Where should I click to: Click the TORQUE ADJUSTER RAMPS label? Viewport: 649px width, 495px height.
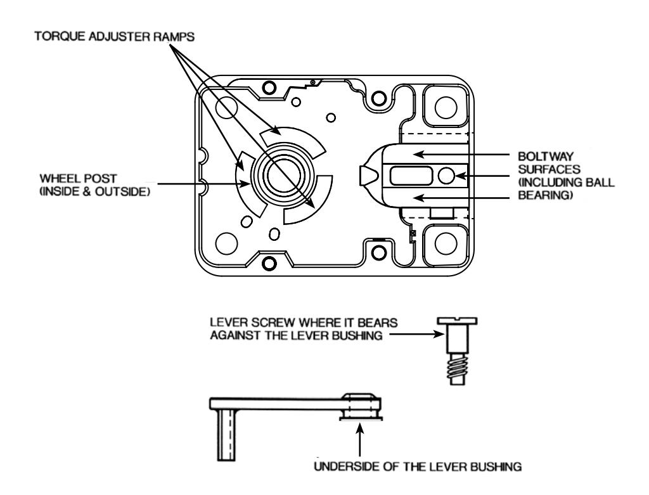click(115, 37)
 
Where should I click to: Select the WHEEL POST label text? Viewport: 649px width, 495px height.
click(78, 179)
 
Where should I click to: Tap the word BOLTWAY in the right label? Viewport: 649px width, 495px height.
click(546, 157)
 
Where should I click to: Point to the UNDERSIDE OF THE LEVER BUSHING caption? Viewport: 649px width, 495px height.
click(418, 467)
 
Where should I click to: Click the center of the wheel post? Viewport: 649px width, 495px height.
click(281, 176)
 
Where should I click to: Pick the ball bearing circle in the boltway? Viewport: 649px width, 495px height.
click(446, 176)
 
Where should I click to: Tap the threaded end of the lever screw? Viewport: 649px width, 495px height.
click(458, 370)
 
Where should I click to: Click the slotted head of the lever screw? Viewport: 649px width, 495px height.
click(458, 321)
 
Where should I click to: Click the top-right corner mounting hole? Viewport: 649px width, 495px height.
click(446, 106)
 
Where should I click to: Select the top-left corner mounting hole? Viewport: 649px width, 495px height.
click(226, 106)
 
